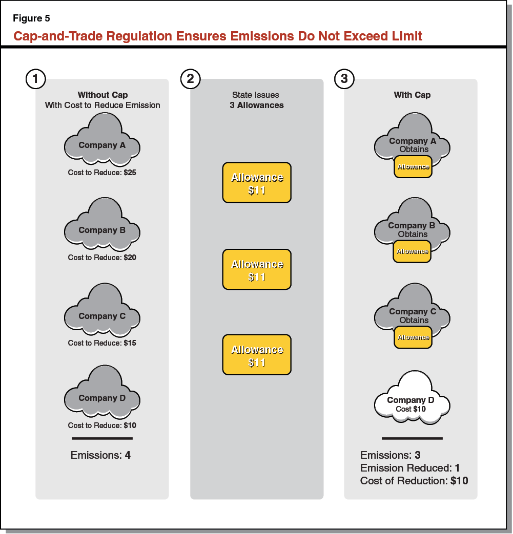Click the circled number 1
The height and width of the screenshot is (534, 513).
[35, 79]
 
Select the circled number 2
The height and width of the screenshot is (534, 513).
[191, 79]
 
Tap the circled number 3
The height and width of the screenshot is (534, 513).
[344, 79]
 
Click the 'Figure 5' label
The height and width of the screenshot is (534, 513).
[31, 19]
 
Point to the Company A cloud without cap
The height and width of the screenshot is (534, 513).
[102, 141]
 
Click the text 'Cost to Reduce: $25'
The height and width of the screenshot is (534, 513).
[102, 173]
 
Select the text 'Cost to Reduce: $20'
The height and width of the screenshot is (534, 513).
[102, 258]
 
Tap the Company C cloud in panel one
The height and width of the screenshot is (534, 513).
[102, 312]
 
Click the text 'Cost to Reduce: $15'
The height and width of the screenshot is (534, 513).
[102, 343]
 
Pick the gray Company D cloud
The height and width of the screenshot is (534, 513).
[102, 395]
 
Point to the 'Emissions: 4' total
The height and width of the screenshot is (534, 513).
[100, 455]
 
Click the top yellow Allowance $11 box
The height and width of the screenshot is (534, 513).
[257, 183]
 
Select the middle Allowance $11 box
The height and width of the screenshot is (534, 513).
[257, 270]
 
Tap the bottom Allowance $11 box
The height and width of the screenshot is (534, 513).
[257, 355]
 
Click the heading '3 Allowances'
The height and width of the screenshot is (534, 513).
[257, 105]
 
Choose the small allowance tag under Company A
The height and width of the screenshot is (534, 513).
[413, 167]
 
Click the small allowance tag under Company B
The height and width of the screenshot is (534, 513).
[412, 252]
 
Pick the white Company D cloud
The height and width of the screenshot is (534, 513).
[412, 399]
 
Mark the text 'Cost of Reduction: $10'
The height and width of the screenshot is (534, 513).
[414, 481]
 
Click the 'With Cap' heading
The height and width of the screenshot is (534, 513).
[412, 95]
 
